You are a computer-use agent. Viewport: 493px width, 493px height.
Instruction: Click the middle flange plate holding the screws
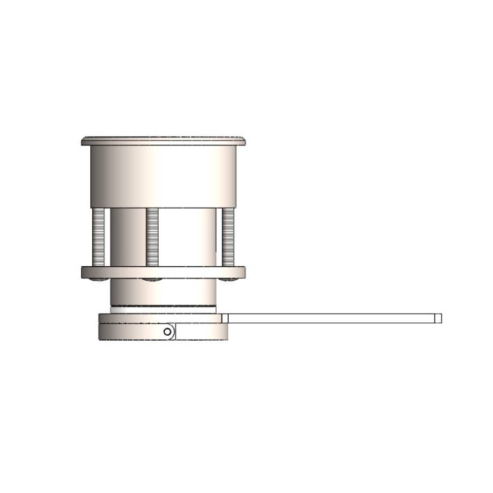[x=163, y=272]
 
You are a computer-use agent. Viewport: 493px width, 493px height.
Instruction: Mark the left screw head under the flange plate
[x=99, y=280]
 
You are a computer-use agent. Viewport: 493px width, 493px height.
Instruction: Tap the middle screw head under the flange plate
[x=152, y=280]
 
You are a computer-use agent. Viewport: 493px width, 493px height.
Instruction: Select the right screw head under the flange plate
[x=228, y=280]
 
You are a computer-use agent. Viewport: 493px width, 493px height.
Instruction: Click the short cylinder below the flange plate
[x=163, y=292]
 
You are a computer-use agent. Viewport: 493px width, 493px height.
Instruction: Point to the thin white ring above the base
[x=163, y=310]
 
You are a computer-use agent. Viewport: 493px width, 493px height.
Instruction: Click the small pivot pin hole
[x=168, y=332]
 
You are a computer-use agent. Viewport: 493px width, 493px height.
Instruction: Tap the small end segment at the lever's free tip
[x=439, y=318]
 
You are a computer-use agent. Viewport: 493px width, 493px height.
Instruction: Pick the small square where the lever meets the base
[x=225, y=318]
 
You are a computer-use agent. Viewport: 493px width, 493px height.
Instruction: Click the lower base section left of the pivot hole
[x=131, y=332]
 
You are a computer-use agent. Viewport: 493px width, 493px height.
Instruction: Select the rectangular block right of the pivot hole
[x=201, y=332]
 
